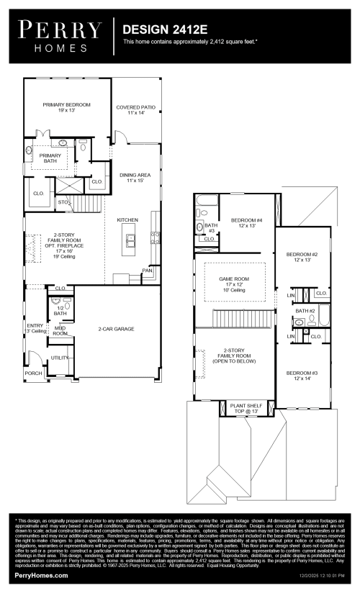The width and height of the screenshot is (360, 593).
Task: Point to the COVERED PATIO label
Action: (136, 110)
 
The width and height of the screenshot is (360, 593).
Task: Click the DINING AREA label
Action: (135, 176)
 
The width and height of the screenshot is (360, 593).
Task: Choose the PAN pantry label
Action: (146, 271)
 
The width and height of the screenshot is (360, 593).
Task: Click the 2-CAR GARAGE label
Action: (117, 329)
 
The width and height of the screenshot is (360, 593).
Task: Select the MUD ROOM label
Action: (60, 331)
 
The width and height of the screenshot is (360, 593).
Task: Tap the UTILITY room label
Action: (59, 357)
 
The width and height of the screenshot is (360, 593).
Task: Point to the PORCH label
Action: (33, 374)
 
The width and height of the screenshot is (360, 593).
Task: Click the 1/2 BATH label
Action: (60, 311)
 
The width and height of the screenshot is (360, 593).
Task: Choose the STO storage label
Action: (63, 202)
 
